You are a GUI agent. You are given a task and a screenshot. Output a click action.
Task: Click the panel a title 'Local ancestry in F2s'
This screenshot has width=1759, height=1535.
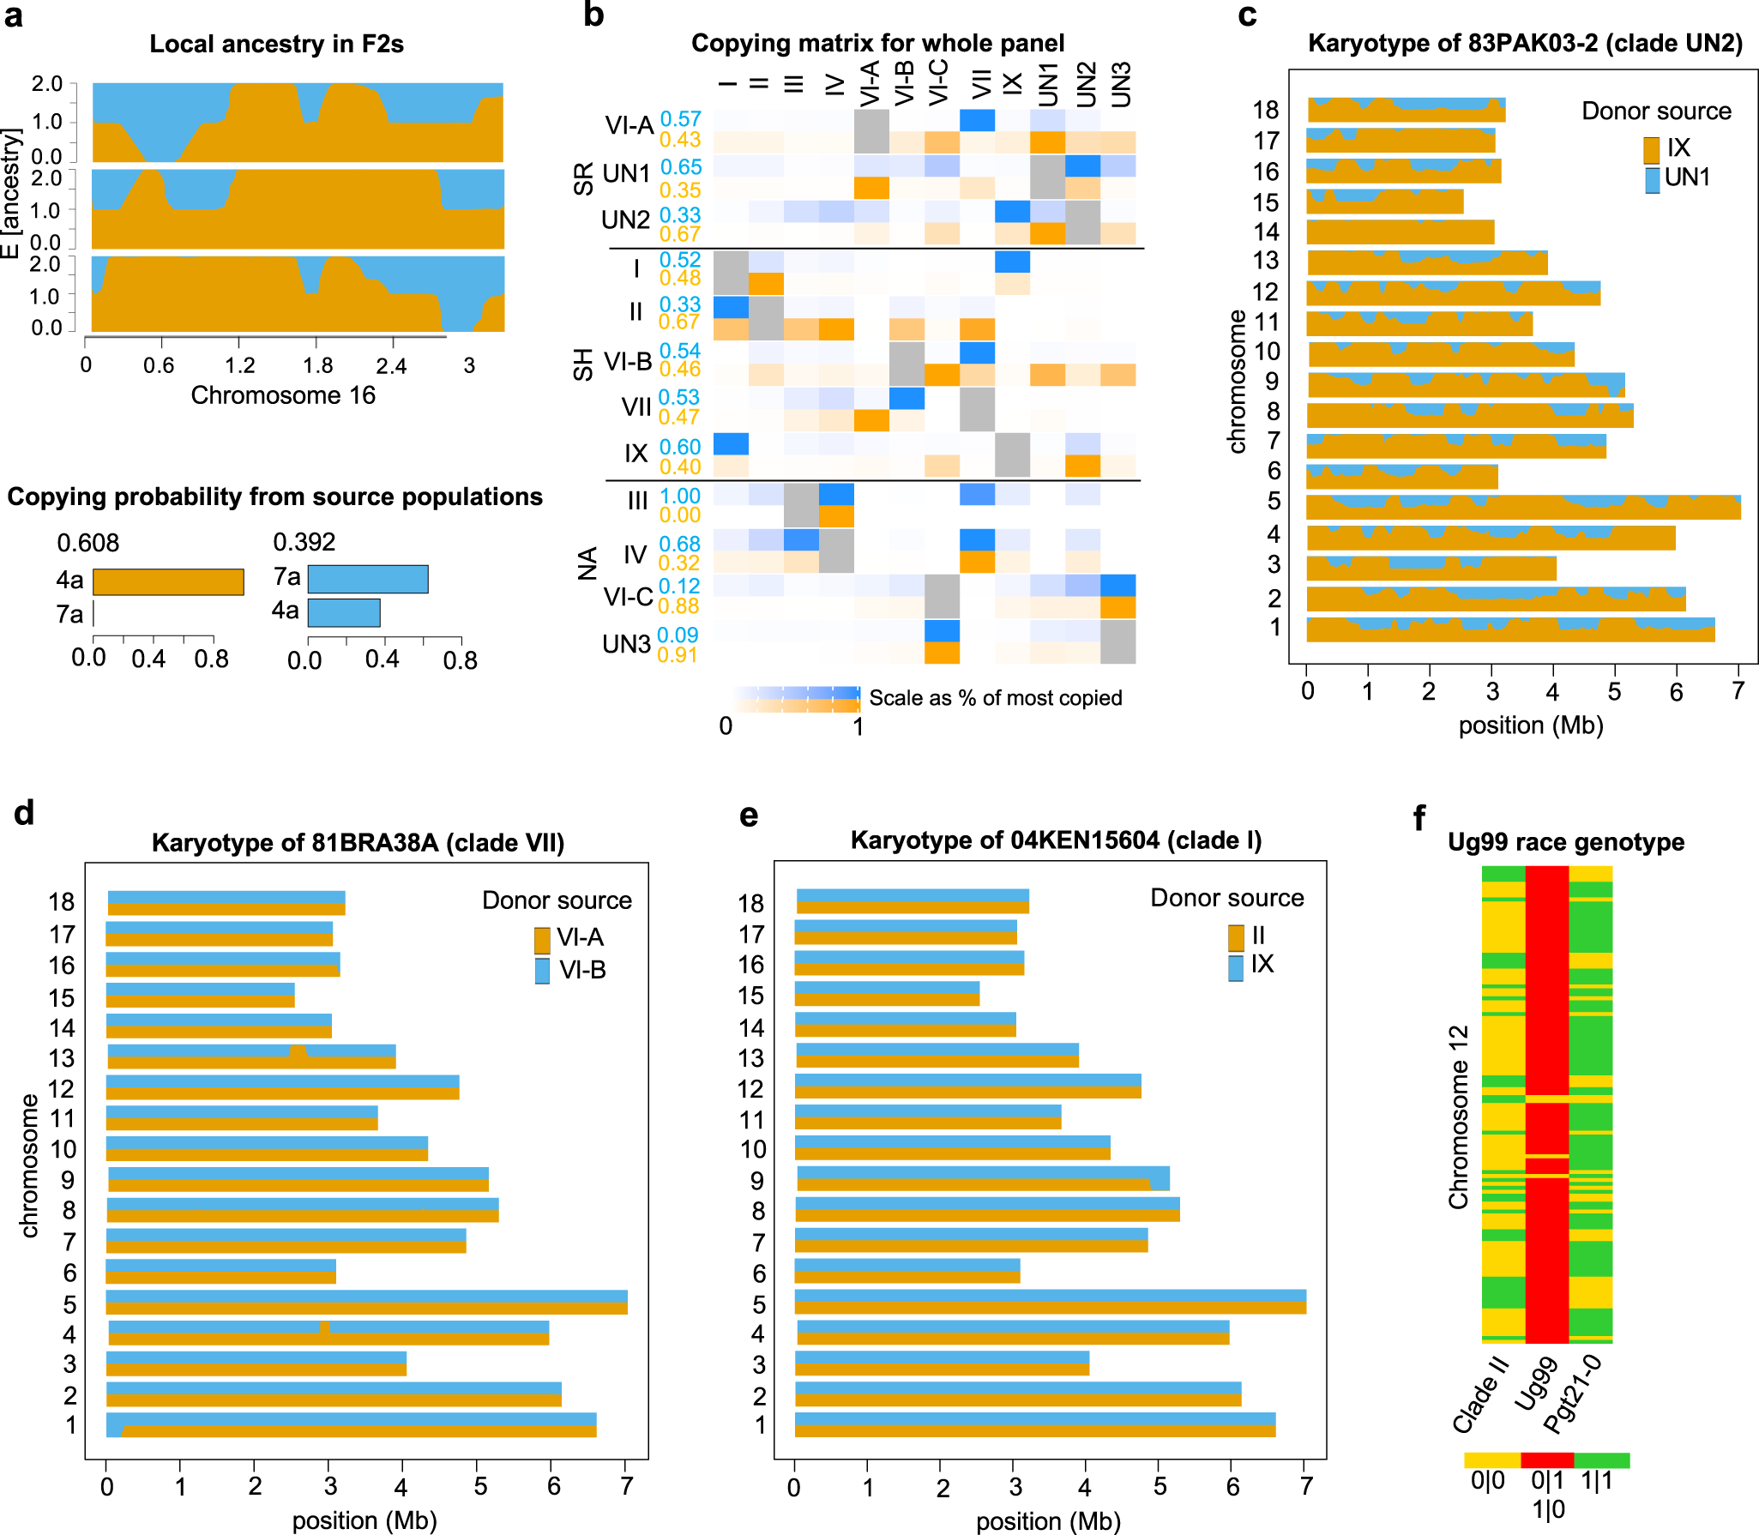coord(276,44)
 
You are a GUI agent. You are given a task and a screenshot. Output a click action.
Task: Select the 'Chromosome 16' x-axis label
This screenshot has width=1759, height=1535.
coord(283,395)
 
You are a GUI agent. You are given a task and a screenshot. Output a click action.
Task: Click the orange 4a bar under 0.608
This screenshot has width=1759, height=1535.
coord(168,582)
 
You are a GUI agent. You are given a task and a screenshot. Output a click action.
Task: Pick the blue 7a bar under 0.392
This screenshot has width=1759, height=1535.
coord(368,579)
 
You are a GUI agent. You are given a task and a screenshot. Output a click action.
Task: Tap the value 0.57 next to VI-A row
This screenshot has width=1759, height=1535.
coord(680,119)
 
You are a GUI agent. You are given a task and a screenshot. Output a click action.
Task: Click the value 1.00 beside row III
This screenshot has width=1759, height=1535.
coord(680,497)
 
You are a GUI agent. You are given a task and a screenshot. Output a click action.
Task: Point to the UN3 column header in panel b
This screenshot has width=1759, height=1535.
coord(1120,84)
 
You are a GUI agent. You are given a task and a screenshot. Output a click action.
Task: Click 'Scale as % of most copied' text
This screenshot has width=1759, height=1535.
coord(995,698)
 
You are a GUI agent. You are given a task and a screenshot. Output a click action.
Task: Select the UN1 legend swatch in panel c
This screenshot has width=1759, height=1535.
coord(1652,180)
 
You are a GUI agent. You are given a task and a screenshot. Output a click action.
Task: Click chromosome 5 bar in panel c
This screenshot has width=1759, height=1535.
coord(1522,507)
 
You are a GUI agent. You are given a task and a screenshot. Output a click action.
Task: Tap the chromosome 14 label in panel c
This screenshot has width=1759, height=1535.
coord(1266,232)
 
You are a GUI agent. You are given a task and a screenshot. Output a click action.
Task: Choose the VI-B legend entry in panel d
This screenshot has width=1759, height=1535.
coord(570,970)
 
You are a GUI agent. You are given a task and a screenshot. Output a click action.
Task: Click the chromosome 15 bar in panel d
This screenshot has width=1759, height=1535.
coord(201,996)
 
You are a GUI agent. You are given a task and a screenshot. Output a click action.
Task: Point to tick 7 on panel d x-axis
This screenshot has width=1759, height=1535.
coord(627,1486)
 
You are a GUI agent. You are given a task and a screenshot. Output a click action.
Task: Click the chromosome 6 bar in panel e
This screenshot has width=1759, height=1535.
coord(907,1271)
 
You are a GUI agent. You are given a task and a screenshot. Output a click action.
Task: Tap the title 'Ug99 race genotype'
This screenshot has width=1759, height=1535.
coord(1565,842)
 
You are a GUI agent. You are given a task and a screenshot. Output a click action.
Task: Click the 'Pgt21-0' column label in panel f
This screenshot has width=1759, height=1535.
coord(1572,1394)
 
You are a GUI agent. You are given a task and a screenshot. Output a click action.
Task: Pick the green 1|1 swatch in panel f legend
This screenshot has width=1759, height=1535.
coord(1601,1460)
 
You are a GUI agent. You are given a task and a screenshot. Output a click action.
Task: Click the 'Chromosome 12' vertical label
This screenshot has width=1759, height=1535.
coord(1458,1117)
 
